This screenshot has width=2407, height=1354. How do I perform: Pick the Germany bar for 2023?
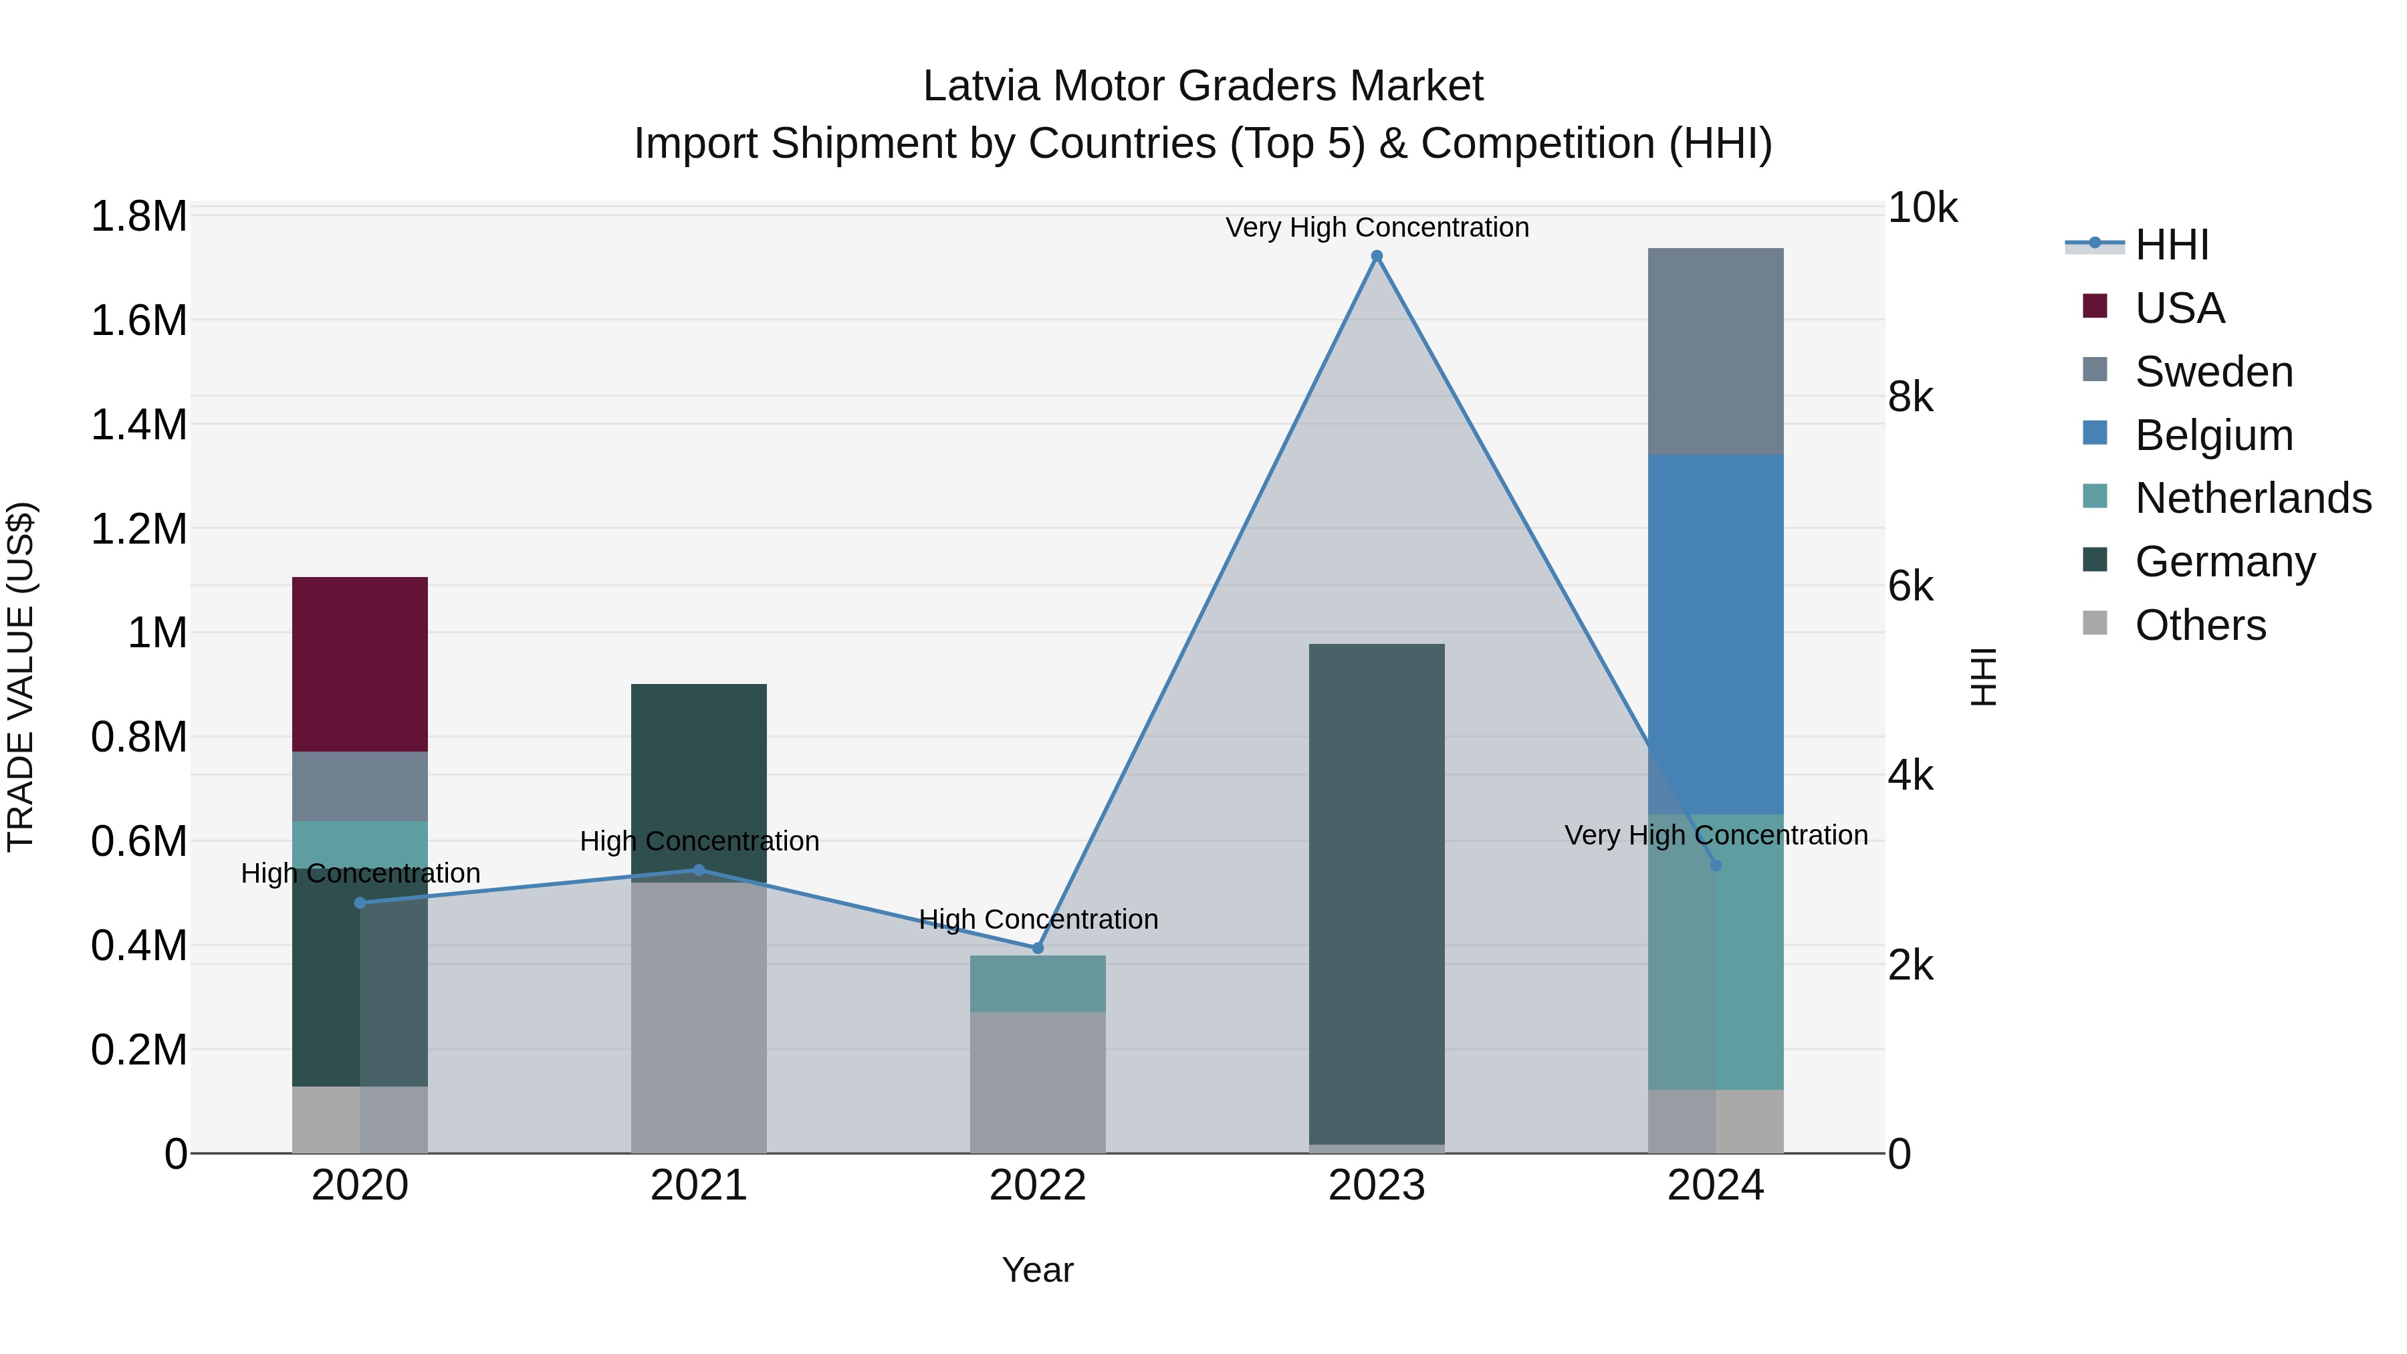tap(1377, 893)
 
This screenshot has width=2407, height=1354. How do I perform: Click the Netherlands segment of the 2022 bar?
tap(1037, 983)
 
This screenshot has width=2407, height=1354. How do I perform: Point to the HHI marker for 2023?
tap(1377, 256)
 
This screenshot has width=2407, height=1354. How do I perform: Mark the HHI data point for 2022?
tap(1037, 948)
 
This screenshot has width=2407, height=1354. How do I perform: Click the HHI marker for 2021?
tap(699, 870)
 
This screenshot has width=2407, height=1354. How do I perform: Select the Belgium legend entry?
tap(2212, 435)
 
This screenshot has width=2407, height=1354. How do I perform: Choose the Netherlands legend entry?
tap(2252, 498)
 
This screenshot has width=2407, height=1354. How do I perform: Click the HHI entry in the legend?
tap(2170, 245)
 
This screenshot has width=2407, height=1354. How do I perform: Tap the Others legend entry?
tap(2200, 625)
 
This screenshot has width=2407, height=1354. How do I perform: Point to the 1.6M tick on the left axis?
tap(139, 320)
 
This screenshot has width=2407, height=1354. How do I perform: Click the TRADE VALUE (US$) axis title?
tap(21, 677)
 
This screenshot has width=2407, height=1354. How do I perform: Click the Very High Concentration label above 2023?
tap(1377, 227)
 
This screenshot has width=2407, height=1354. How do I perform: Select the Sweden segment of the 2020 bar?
tap(360, 786)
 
